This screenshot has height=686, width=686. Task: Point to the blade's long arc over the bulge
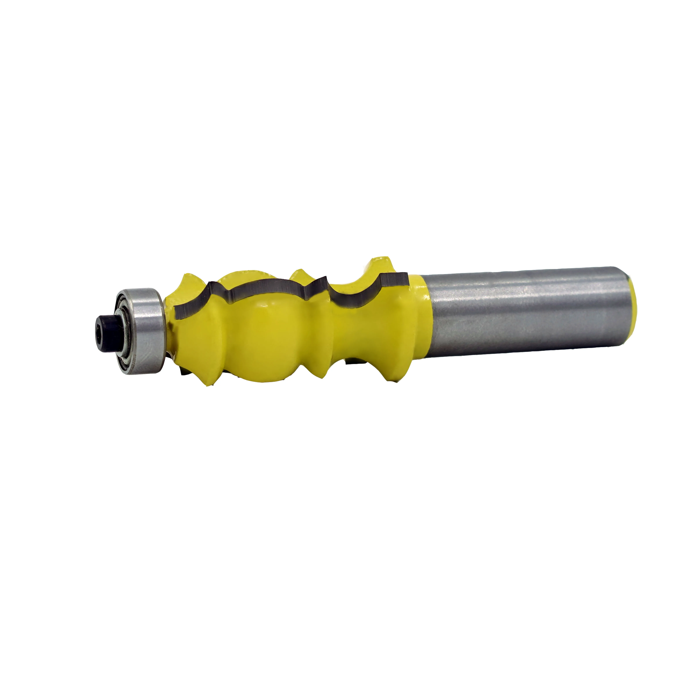[x=263, y=288]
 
